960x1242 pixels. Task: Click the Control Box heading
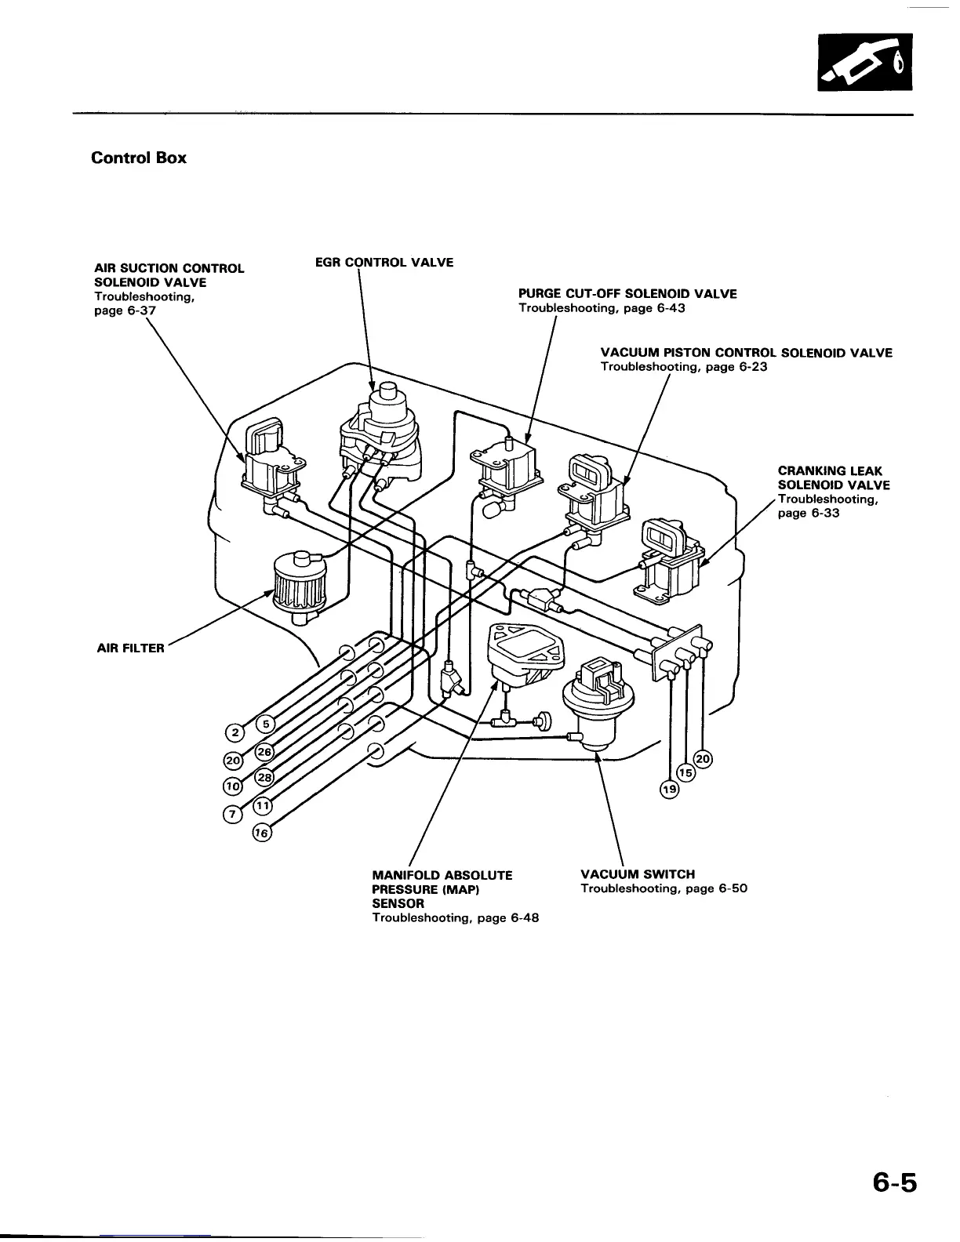(139, 158)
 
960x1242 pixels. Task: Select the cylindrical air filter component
(296, 584)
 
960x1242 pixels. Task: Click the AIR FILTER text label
(131, 648)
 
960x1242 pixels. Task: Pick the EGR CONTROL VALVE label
(384, 262)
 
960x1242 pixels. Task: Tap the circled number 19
(668, 790)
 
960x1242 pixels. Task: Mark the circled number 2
(233, 733)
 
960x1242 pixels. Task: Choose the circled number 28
(264, 776)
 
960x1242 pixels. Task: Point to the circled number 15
(685, 772)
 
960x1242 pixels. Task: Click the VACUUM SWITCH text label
(638, 874)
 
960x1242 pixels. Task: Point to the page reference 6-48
(523, 918)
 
